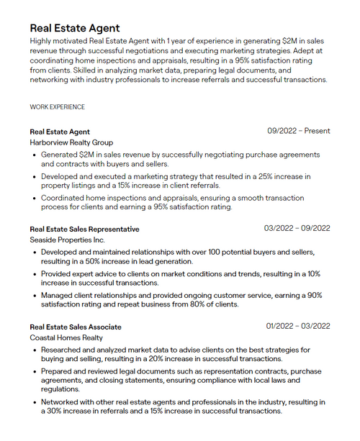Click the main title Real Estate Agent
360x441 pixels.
(74, 27)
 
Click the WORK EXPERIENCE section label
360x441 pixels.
(57, 107)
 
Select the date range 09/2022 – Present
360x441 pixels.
(299, 131)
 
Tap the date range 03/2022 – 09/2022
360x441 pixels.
(297, 228)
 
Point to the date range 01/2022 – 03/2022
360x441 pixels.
(297, 326)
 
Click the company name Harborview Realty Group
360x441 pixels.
(71, 142)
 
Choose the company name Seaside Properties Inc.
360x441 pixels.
(67, 240)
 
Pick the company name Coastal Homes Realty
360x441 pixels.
(66, 337)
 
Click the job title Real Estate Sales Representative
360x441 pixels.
(84, 229)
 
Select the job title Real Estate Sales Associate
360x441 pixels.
(75, 327)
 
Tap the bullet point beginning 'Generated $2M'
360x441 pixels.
(35, 155)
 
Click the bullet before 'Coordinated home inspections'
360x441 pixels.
(35, 198)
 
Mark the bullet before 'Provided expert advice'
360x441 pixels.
(35, 274)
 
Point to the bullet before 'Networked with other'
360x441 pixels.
(35, 402)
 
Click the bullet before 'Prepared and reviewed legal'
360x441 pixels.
(35, 371)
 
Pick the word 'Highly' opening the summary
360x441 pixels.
(42, 41)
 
